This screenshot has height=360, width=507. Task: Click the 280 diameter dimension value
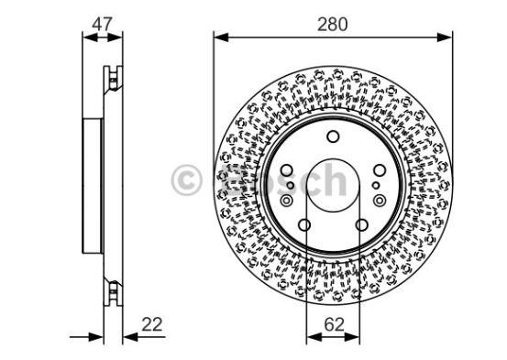(x=332, y=25)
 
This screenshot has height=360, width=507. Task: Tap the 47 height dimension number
(x=102, y=24)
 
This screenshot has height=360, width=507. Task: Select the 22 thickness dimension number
(x=151, y=324)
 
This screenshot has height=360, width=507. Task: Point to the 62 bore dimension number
(x=334, y=324)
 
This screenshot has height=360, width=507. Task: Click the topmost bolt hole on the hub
(x=333, y=136)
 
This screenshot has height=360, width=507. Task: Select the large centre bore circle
(x=333, y=185)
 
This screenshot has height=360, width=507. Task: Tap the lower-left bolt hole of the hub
(x=304, y=225)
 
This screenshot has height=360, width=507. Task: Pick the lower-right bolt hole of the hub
(x=361, y=225)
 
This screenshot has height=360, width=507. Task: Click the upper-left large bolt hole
(x=287, y=170)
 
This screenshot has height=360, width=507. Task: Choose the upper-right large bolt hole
(x=380, y=170)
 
